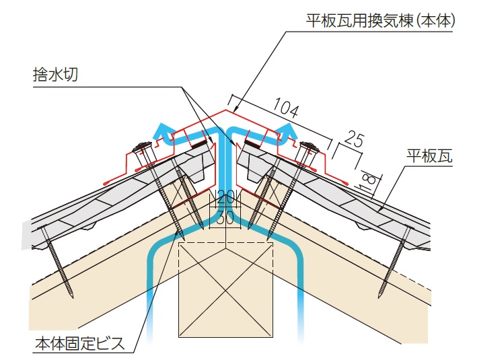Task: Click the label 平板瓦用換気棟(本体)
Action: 382,21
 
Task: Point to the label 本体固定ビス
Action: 79,345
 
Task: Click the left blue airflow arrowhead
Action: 161,128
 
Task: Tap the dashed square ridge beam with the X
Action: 225,289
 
